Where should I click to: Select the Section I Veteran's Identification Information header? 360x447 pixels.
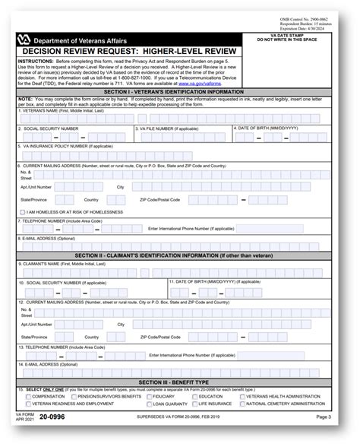(x=179, y=91)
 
